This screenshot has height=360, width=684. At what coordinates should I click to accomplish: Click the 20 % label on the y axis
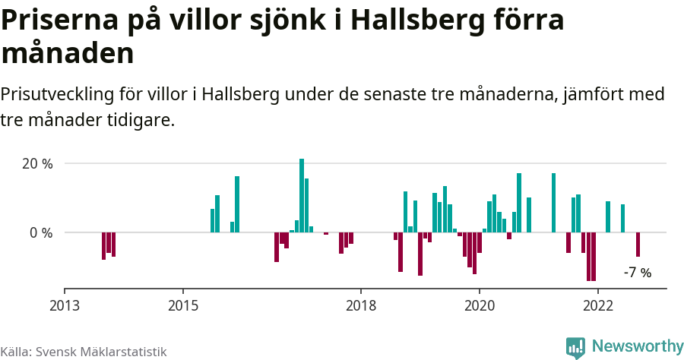pyautogui.click(x=36, y=164)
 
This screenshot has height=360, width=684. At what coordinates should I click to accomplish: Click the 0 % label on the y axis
pyautogui.click(x=40, y=232)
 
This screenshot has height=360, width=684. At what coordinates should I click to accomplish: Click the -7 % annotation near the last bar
pyautogui.click(x=637, y=273)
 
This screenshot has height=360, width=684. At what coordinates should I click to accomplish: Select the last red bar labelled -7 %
pyautogui.click(x=638, y=245)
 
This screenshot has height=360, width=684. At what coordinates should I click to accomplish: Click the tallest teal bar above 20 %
pyautogui.click(x=302, y=194)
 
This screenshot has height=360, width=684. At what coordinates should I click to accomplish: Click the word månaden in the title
pyautogui.click(x=68, y=53)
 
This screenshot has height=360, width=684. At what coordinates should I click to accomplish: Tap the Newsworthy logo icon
pyautogui.click(x=575, y=347)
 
